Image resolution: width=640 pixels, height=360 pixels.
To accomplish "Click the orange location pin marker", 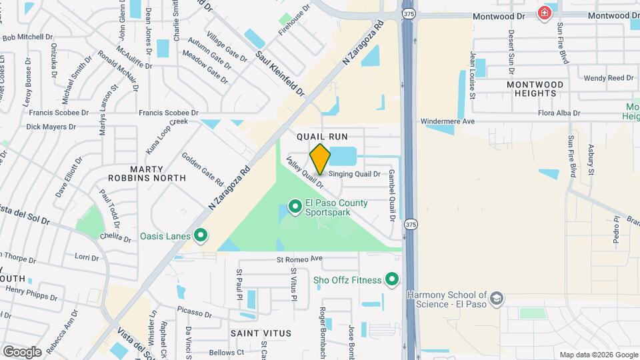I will pos(320,159).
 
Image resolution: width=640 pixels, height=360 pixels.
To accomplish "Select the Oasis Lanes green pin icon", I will pos(199,235).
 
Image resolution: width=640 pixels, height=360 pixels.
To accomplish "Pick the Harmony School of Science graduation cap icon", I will pos(496,299).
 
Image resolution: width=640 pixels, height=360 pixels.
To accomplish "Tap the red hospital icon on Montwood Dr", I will pos(545,13).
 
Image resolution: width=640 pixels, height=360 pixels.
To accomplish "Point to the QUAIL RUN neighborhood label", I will pos(322,136).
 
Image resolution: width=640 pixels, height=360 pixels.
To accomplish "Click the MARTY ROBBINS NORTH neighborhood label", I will pos(148,173).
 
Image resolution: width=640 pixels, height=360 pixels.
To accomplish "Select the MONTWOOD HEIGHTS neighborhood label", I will pos(535,89).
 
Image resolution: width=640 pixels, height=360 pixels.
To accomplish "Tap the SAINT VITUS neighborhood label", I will pos(261,333).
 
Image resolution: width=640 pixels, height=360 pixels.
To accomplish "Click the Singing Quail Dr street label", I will pos(354,174).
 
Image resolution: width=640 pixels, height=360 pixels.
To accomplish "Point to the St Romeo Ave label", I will pos(299,258).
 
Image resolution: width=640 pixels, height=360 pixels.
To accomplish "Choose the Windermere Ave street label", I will pos(447,121).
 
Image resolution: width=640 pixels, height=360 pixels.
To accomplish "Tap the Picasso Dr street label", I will pos(195,310).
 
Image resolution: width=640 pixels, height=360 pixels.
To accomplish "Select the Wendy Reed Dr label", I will pos(603,78).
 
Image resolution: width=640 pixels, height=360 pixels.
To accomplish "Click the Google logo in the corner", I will pos(22,351).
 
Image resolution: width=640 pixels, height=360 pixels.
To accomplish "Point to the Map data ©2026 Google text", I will pos(599,355).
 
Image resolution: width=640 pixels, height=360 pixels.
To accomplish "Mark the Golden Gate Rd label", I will pos(202,169).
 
